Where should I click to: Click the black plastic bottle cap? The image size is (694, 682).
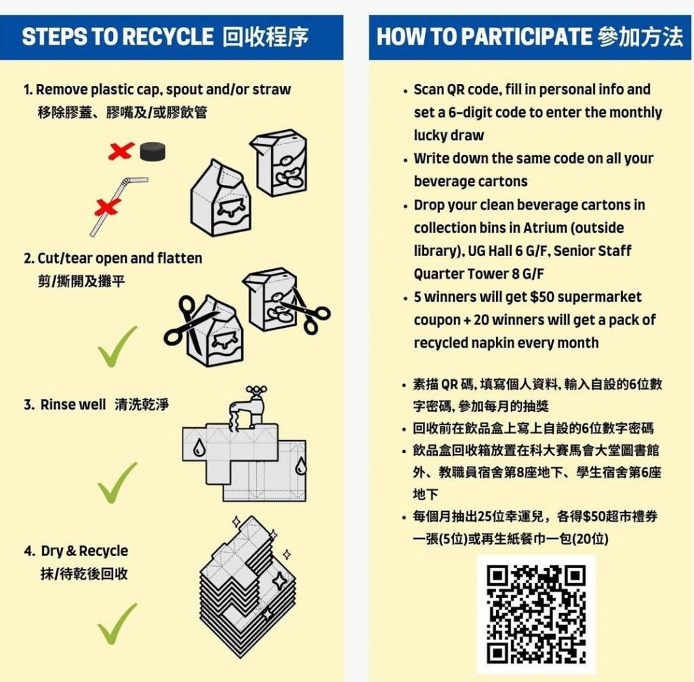coord(153,151)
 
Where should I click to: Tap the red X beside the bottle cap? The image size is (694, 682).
coord(121,151)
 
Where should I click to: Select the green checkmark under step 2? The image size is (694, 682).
coord(117,346)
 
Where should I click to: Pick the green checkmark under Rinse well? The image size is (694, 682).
coord(117,482)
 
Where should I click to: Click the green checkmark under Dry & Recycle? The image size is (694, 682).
coord(117,624)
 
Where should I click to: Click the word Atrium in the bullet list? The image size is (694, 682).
coord(545,228)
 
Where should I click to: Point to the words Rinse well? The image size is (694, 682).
coord(73,404)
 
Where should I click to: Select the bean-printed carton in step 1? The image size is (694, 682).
coord(279,163)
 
